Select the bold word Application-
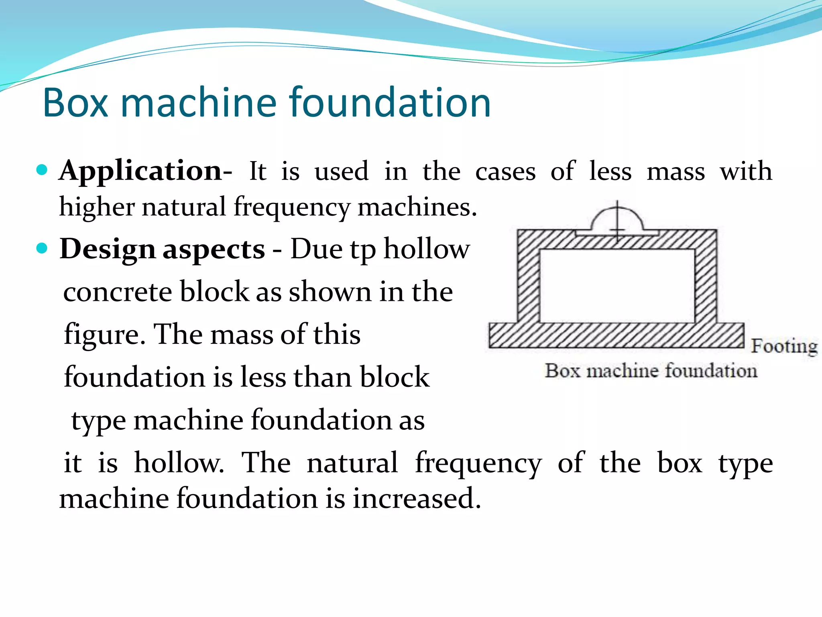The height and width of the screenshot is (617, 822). tap(145, 171)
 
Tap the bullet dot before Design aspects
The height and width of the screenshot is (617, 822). tap(42, 248)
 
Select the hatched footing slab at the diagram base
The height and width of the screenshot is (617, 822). tap(616, 335)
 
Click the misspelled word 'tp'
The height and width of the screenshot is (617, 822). tap(363, 250)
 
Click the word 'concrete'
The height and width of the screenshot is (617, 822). tap(117, 292)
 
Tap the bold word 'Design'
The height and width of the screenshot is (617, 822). tap(107, 249)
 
